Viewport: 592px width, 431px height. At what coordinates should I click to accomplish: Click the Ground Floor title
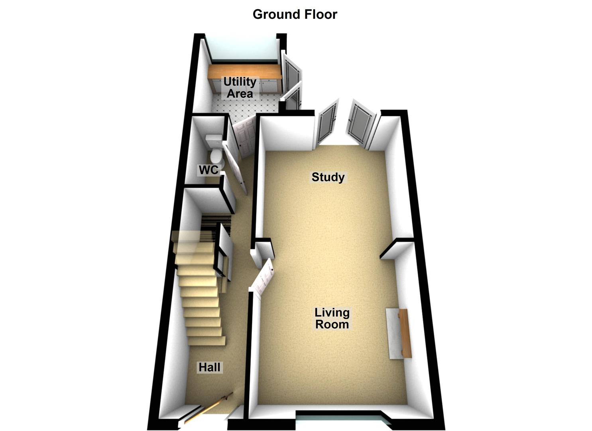(295, 14)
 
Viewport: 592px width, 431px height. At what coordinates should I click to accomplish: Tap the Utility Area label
(240, 87)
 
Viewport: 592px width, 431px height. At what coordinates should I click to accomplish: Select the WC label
(208, 170)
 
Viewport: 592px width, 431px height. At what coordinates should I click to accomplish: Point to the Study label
(328, 177)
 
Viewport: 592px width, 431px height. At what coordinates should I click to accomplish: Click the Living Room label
(332, 318)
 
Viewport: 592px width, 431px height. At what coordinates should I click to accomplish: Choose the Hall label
(209, 367)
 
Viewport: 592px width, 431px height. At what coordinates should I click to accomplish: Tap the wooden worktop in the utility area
(244, 72)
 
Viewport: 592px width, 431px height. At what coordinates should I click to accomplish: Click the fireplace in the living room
(398, 333)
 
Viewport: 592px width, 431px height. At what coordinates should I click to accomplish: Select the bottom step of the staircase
(207, 341)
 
